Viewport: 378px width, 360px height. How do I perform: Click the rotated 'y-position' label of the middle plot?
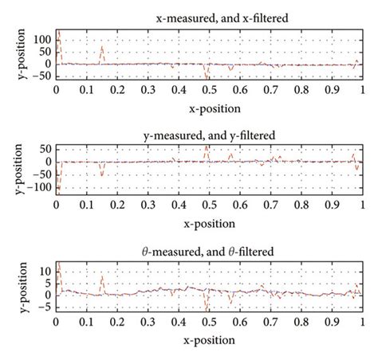coord(11,170)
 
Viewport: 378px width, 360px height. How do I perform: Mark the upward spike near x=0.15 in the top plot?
coord(101,49)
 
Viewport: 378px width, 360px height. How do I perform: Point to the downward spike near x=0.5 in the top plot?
coord(207,76)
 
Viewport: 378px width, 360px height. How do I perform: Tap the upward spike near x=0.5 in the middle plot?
coord(207,147)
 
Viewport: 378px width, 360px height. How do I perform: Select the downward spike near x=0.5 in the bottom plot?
coord(207,307)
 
